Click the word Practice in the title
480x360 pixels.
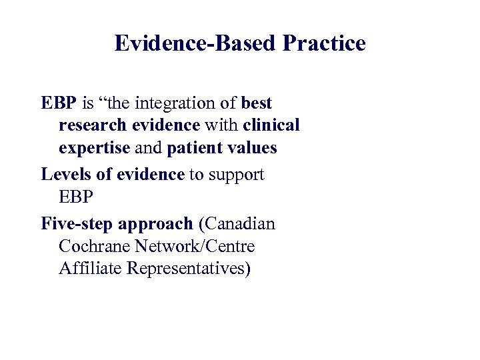[324, 43]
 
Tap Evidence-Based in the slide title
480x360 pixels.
[196, 43]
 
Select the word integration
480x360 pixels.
[193, 104]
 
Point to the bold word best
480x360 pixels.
[257, 103]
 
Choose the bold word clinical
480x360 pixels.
[271, 125]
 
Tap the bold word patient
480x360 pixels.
[192, 148]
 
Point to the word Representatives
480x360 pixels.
[189, 270]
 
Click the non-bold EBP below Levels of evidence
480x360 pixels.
[77, 198]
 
